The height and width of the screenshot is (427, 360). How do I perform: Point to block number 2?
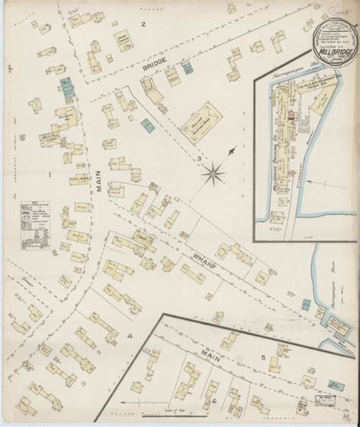tap(141, 24)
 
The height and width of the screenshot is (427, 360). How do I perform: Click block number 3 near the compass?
tap(200, 158)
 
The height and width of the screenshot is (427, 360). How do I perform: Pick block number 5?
tap(262, 356)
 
